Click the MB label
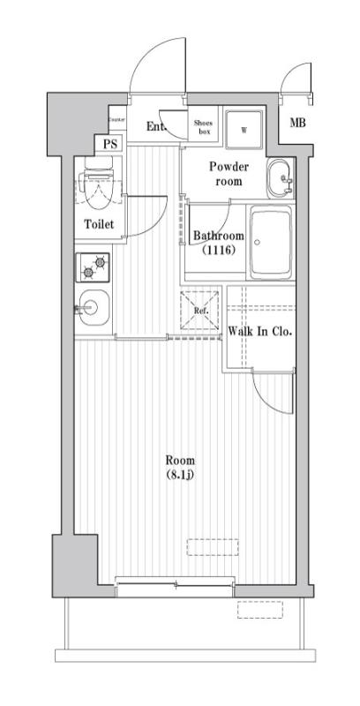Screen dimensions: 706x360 coord(298,123)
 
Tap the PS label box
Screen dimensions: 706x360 coord(110,144)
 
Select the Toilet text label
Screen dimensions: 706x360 coord(99,224)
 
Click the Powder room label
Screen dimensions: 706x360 coord(229,174)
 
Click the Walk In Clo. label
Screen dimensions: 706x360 coord(259,332)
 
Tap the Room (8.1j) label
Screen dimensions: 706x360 coord(181,467)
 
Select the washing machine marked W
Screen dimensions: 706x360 coord(244,129)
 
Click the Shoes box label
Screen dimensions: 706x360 coord(204,127)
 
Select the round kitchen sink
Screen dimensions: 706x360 coord(94,307)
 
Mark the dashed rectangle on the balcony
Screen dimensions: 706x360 coord(259,610)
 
